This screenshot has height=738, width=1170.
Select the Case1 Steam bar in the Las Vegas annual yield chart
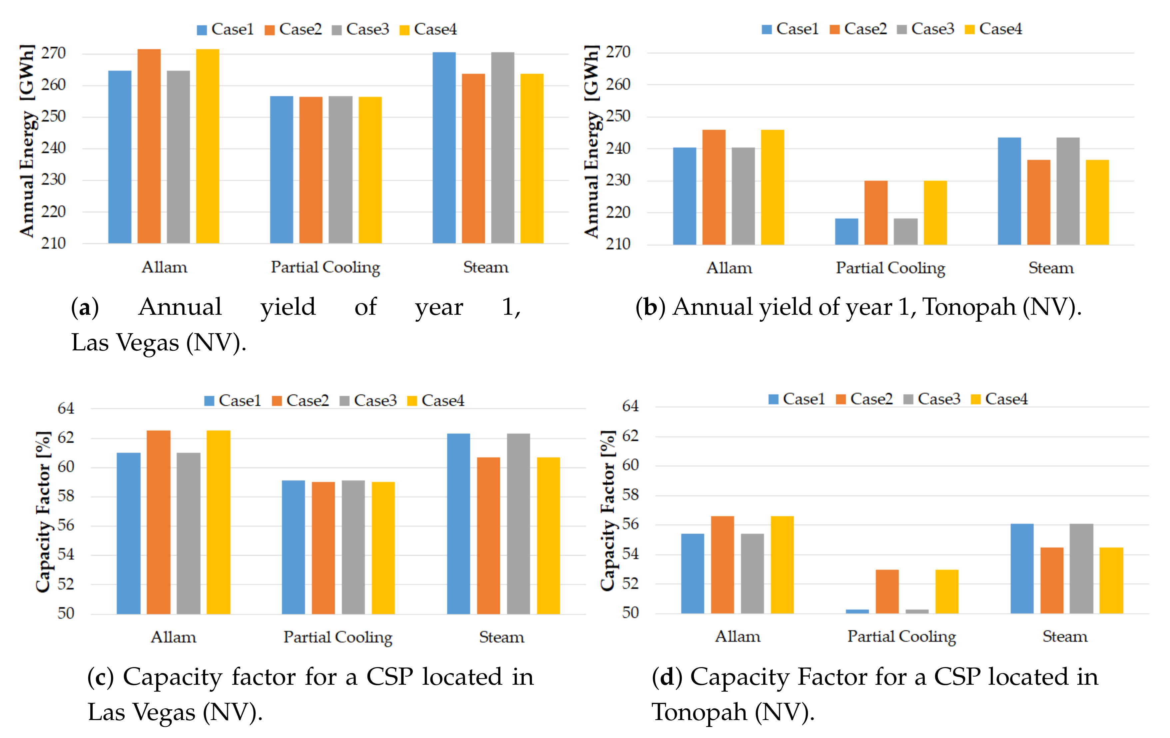click(444, 148)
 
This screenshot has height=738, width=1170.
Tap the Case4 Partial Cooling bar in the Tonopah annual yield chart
click(935, 212)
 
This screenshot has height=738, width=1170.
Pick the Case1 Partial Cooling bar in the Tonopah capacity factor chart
click(857, 611)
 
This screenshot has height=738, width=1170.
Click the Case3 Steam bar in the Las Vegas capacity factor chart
click(518, 524)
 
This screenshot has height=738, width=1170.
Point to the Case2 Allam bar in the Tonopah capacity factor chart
click(723, 564)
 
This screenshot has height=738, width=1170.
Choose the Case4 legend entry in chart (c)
click(436, 400)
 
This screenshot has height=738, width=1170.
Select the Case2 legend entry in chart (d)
click(865, 399)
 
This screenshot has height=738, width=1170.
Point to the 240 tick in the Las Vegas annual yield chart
click(53, 148)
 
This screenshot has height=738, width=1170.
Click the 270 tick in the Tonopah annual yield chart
click(618, 52)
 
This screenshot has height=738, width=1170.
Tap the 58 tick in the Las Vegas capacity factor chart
click(66, 496)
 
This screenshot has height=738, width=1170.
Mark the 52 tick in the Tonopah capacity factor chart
click(631, 583)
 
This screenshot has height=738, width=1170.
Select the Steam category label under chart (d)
click(1065, 636)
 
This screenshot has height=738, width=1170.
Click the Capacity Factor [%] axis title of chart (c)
click(44, 512)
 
